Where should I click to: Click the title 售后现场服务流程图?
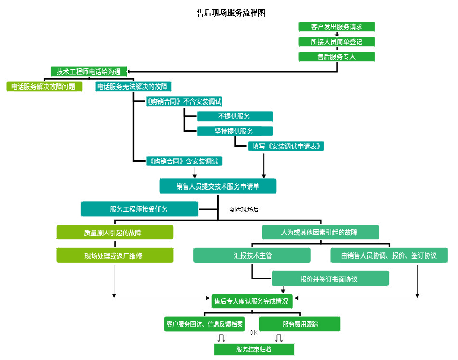point(231,13)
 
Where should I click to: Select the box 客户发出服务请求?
point(337,27)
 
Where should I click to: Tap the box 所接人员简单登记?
point(337,42)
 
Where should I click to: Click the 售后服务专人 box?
point(337,57)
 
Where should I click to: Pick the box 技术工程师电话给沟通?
point(89,72)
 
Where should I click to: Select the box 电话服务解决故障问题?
point(44,87)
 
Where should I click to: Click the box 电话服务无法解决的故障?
point(134,87)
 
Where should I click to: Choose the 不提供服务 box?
point(235,116)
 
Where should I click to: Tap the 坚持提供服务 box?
point(235,131)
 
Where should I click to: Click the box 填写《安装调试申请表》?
point(286,146)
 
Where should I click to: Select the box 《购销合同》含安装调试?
point(185,161)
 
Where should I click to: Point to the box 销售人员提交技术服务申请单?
point(218,186)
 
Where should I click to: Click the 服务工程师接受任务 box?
point(139,209)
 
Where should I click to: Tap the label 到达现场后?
point(244,210)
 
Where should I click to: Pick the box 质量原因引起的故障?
point(114,232)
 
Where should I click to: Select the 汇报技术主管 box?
point(252,255)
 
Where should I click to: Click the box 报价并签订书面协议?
point(330,279)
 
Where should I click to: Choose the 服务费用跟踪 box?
point(300,324)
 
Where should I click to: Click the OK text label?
point(253,332)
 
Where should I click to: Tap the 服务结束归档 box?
point(254,349)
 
